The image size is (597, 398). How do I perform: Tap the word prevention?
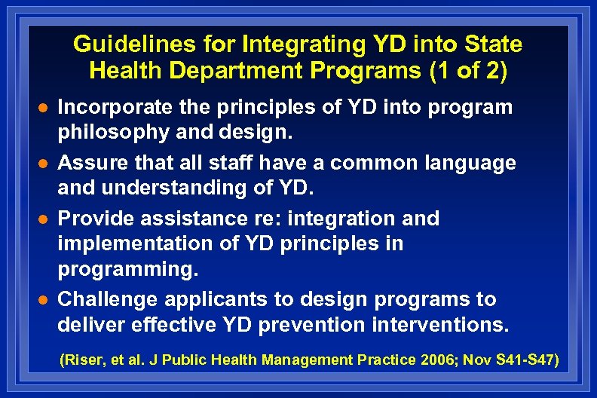(x=347, y=326)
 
